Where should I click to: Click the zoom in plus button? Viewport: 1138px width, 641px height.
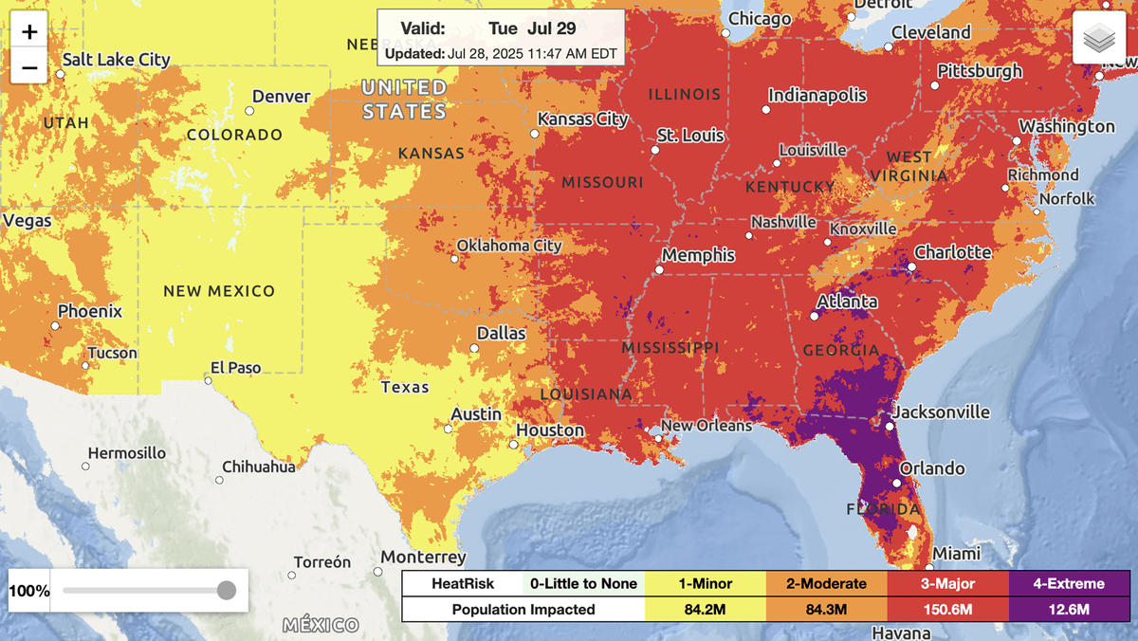pos(30,32)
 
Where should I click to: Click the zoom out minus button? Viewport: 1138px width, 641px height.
pos(30,68)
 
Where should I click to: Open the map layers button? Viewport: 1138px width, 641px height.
pos(1099,38)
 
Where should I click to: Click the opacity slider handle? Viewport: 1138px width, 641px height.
pos(226,591)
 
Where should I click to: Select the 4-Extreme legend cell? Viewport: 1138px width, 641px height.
pos(1070,583)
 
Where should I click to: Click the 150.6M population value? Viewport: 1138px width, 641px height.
pos(948,609)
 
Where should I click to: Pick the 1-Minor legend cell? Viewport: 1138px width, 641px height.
pos(705,583)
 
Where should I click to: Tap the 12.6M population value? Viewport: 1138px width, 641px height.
pos(1070,609)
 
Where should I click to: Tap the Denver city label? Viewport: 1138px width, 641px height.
pos(281,97)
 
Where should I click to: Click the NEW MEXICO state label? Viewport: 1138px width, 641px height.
pos(219,291)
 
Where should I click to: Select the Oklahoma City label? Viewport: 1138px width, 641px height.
pos(509,246)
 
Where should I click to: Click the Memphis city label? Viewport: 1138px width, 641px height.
pos(698,255)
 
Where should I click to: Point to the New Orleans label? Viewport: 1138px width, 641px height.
pos(707,426)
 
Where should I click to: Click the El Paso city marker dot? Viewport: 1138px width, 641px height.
pos(208,380)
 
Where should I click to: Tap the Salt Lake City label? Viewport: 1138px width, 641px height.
pos(116,60)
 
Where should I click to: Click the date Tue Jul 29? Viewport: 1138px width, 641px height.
pos(531,28)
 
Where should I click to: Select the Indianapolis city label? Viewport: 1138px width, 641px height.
pos(817,95)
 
